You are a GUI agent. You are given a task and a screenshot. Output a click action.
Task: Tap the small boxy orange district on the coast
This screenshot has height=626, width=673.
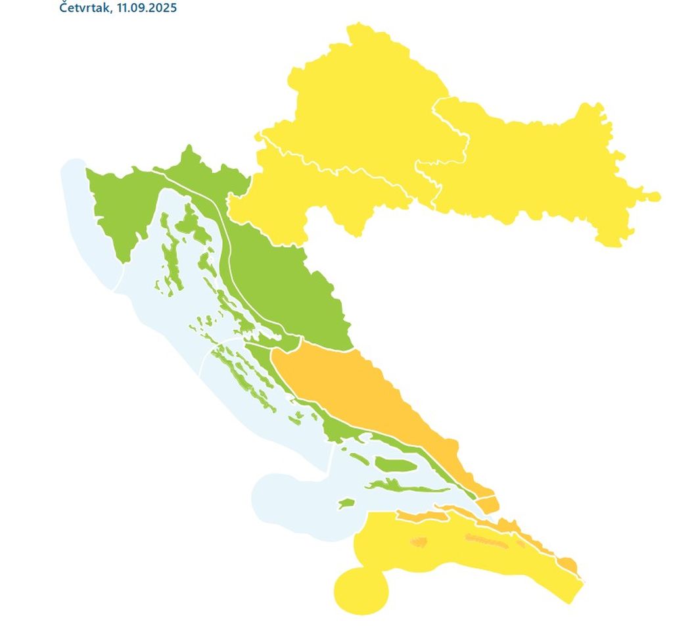[488, 505]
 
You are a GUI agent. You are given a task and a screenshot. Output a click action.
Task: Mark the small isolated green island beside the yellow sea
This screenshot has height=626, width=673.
[346, 504]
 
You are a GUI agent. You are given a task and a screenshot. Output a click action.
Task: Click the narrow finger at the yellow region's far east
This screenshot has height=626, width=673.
[651, 196]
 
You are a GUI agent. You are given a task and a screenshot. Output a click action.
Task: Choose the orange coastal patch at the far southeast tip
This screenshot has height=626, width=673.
[567, 564]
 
